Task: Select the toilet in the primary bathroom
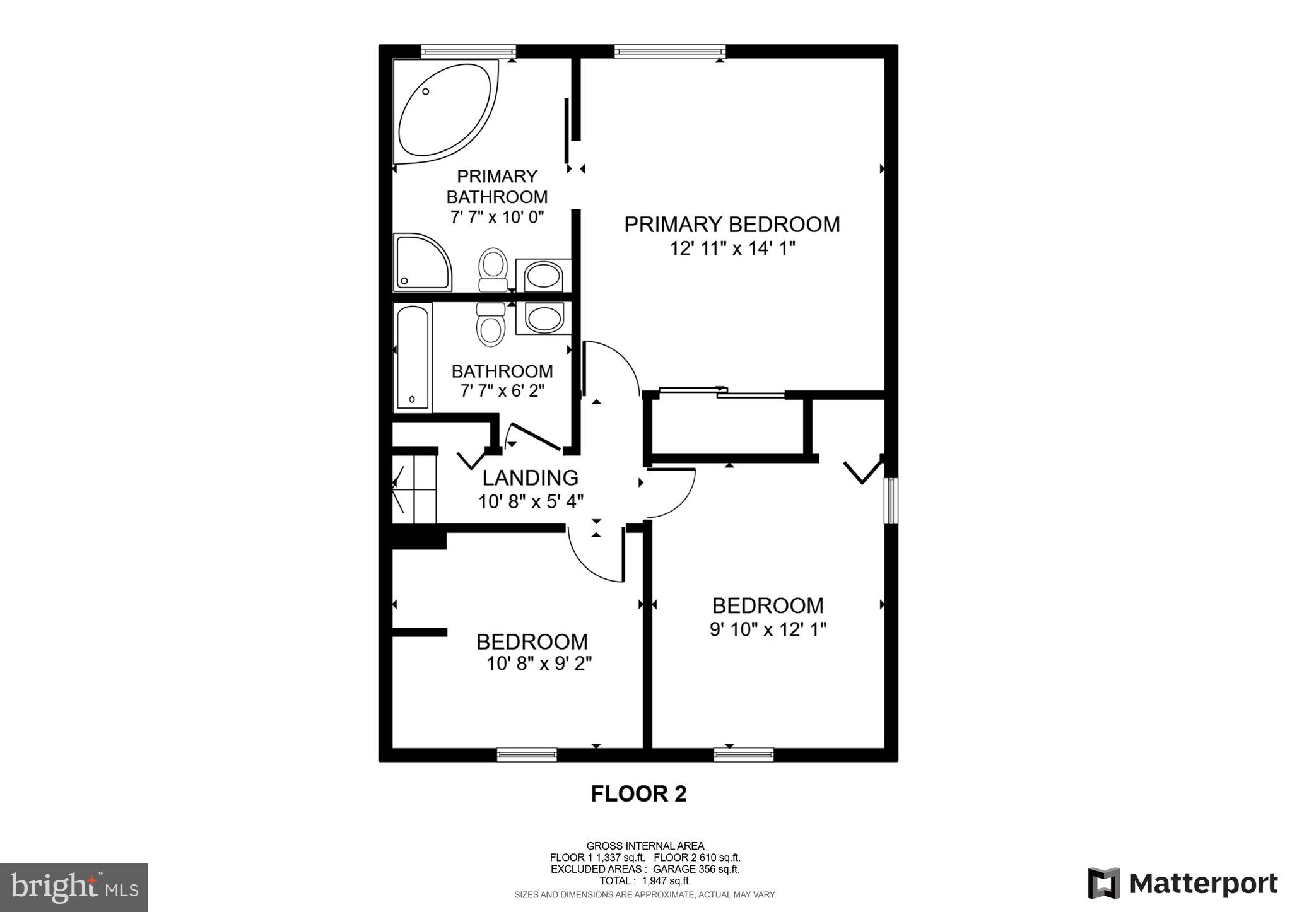[x=493, y=269]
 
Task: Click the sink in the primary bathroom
[x=544, y=276]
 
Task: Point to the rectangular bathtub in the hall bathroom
[x=413, y=356]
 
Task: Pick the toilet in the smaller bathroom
[x=491, y=324]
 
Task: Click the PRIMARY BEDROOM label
[x=732, y=225]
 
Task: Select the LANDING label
[x=530, y=477]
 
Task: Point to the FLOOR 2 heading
[x=638, y=793]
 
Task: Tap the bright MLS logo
[x=74, y=887]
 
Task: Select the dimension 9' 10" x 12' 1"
[x=768, y=629]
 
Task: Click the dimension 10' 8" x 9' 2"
[x=539, y=664]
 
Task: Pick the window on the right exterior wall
[x=890, y=501]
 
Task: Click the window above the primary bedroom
[x=669, y=51]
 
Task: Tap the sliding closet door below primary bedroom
[x=722, y=392]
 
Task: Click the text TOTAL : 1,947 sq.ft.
[x=645, y=880]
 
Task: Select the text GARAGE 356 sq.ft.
[x=696, y=869]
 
